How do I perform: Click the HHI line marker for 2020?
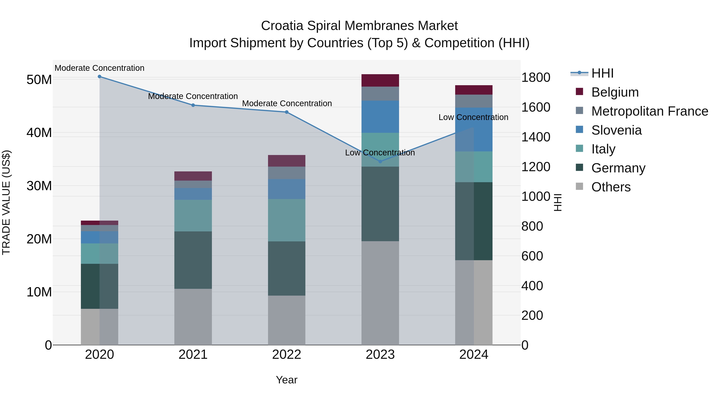[99, 77]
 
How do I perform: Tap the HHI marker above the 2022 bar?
[286, 112]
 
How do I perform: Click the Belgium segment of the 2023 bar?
[380, 80]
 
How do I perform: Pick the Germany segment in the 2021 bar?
[193, 260]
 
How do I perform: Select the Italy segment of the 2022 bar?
[286, 220]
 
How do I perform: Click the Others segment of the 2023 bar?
[380, 293]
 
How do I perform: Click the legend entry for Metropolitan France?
[649, 111]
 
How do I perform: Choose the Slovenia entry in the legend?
[616, 130]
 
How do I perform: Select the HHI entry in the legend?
[602, 73]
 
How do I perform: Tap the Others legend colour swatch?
[579, 186]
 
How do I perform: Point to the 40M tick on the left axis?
[39, 133]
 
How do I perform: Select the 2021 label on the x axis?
[193, 355]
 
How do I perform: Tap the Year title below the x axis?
[286, 380]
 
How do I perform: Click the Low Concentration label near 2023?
[380, 153]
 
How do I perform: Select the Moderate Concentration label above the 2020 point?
[99, 68]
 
